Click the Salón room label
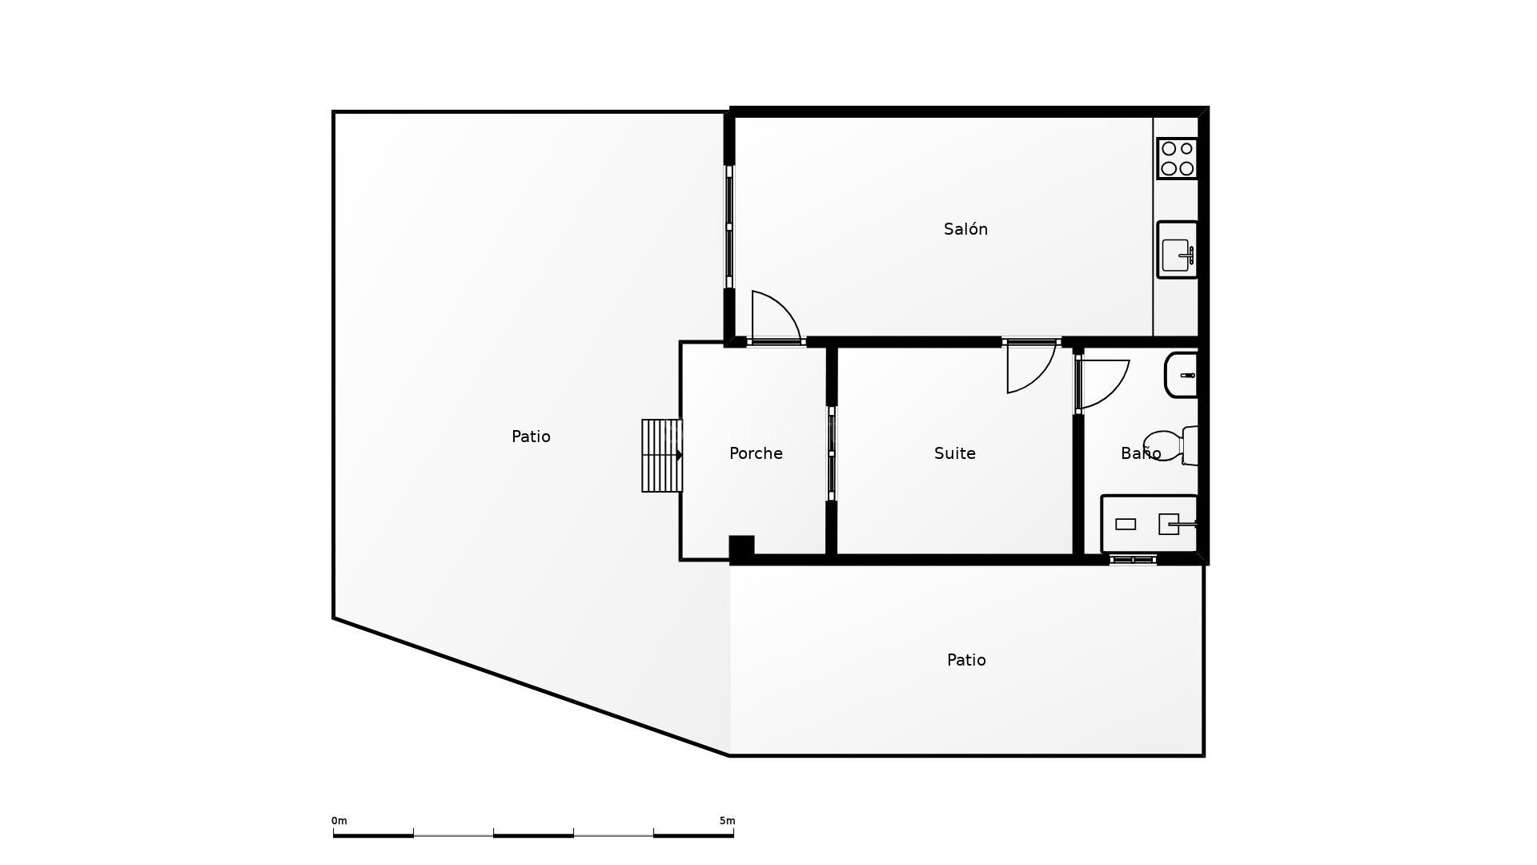[965, 229]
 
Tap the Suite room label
[954, 453]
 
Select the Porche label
[756, 453]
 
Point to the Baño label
[1140, 453]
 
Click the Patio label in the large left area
[531, 437]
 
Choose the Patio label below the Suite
[966, 660]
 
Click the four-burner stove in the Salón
[1177, 159]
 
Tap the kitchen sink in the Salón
[1177, 250]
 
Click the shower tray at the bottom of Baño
[1149, 525]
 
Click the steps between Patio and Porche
[661, 456]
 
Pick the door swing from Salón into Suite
[1029, 368]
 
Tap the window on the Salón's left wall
[729, 227]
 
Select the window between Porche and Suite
[832, 453]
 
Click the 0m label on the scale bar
[339, 821]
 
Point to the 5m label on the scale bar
[727, 821]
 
